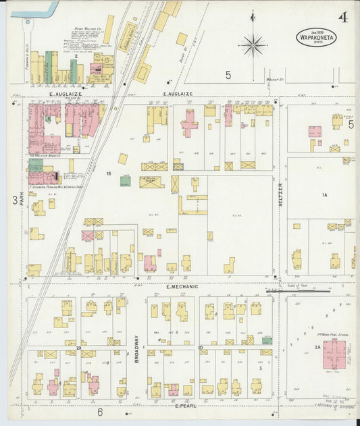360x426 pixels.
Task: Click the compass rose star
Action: [253, 46]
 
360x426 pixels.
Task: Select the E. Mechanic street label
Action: [182, 287]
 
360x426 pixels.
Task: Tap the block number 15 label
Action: [108, 174]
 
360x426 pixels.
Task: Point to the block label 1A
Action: [324, 195]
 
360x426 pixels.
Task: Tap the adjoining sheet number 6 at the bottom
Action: [99, 411]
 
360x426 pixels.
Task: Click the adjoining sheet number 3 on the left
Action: [14, 200]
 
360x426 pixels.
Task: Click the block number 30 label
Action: [201, 348]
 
